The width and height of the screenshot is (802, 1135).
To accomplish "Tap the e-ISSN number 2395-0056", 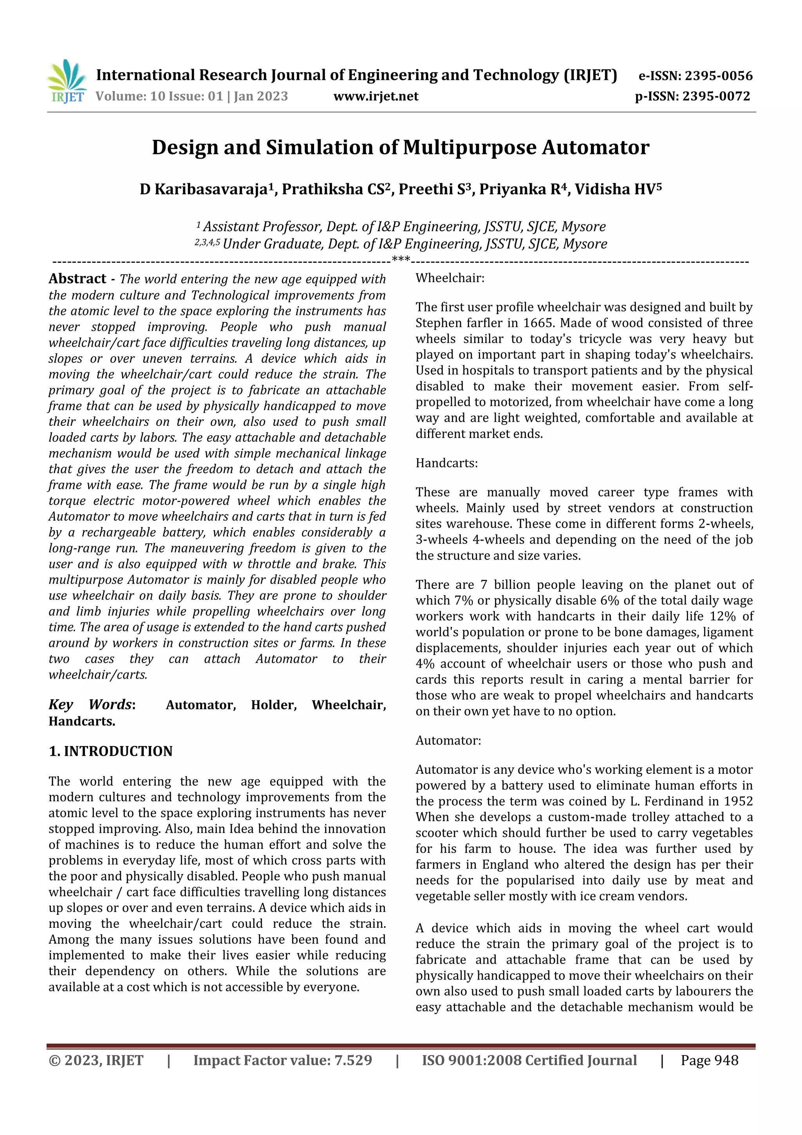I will tap(719, 76).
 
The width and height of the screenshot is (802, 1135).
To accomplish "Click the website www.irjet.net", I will tap(376, 96).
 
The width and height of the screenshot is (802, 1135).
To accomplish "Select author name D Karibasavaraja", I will tap(204, 189).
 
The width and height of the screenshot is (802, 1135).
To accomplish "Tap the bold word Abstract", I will tap(78, 279).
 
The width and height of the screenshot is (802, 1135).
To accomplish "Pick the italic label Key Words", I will tap(91, 704).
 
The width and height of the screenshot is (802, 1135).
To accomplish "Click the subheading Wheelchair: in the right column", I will tap(450, 278).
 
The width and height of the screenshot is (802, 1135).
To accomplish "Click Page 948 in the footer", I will tap(709, 1060).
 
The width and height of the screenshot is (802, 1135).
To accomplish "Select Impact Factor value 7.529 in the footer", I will tap(282, 1060).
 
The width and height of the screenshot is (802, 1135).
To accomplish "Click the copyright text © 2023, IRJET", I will tap(96, 1060).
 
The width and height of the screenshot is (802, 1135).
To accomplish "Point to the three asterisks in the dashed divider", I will tap(400, 259).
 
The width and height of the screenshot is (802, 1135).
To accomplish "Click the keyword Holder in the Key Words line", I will tap(273, 704).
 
